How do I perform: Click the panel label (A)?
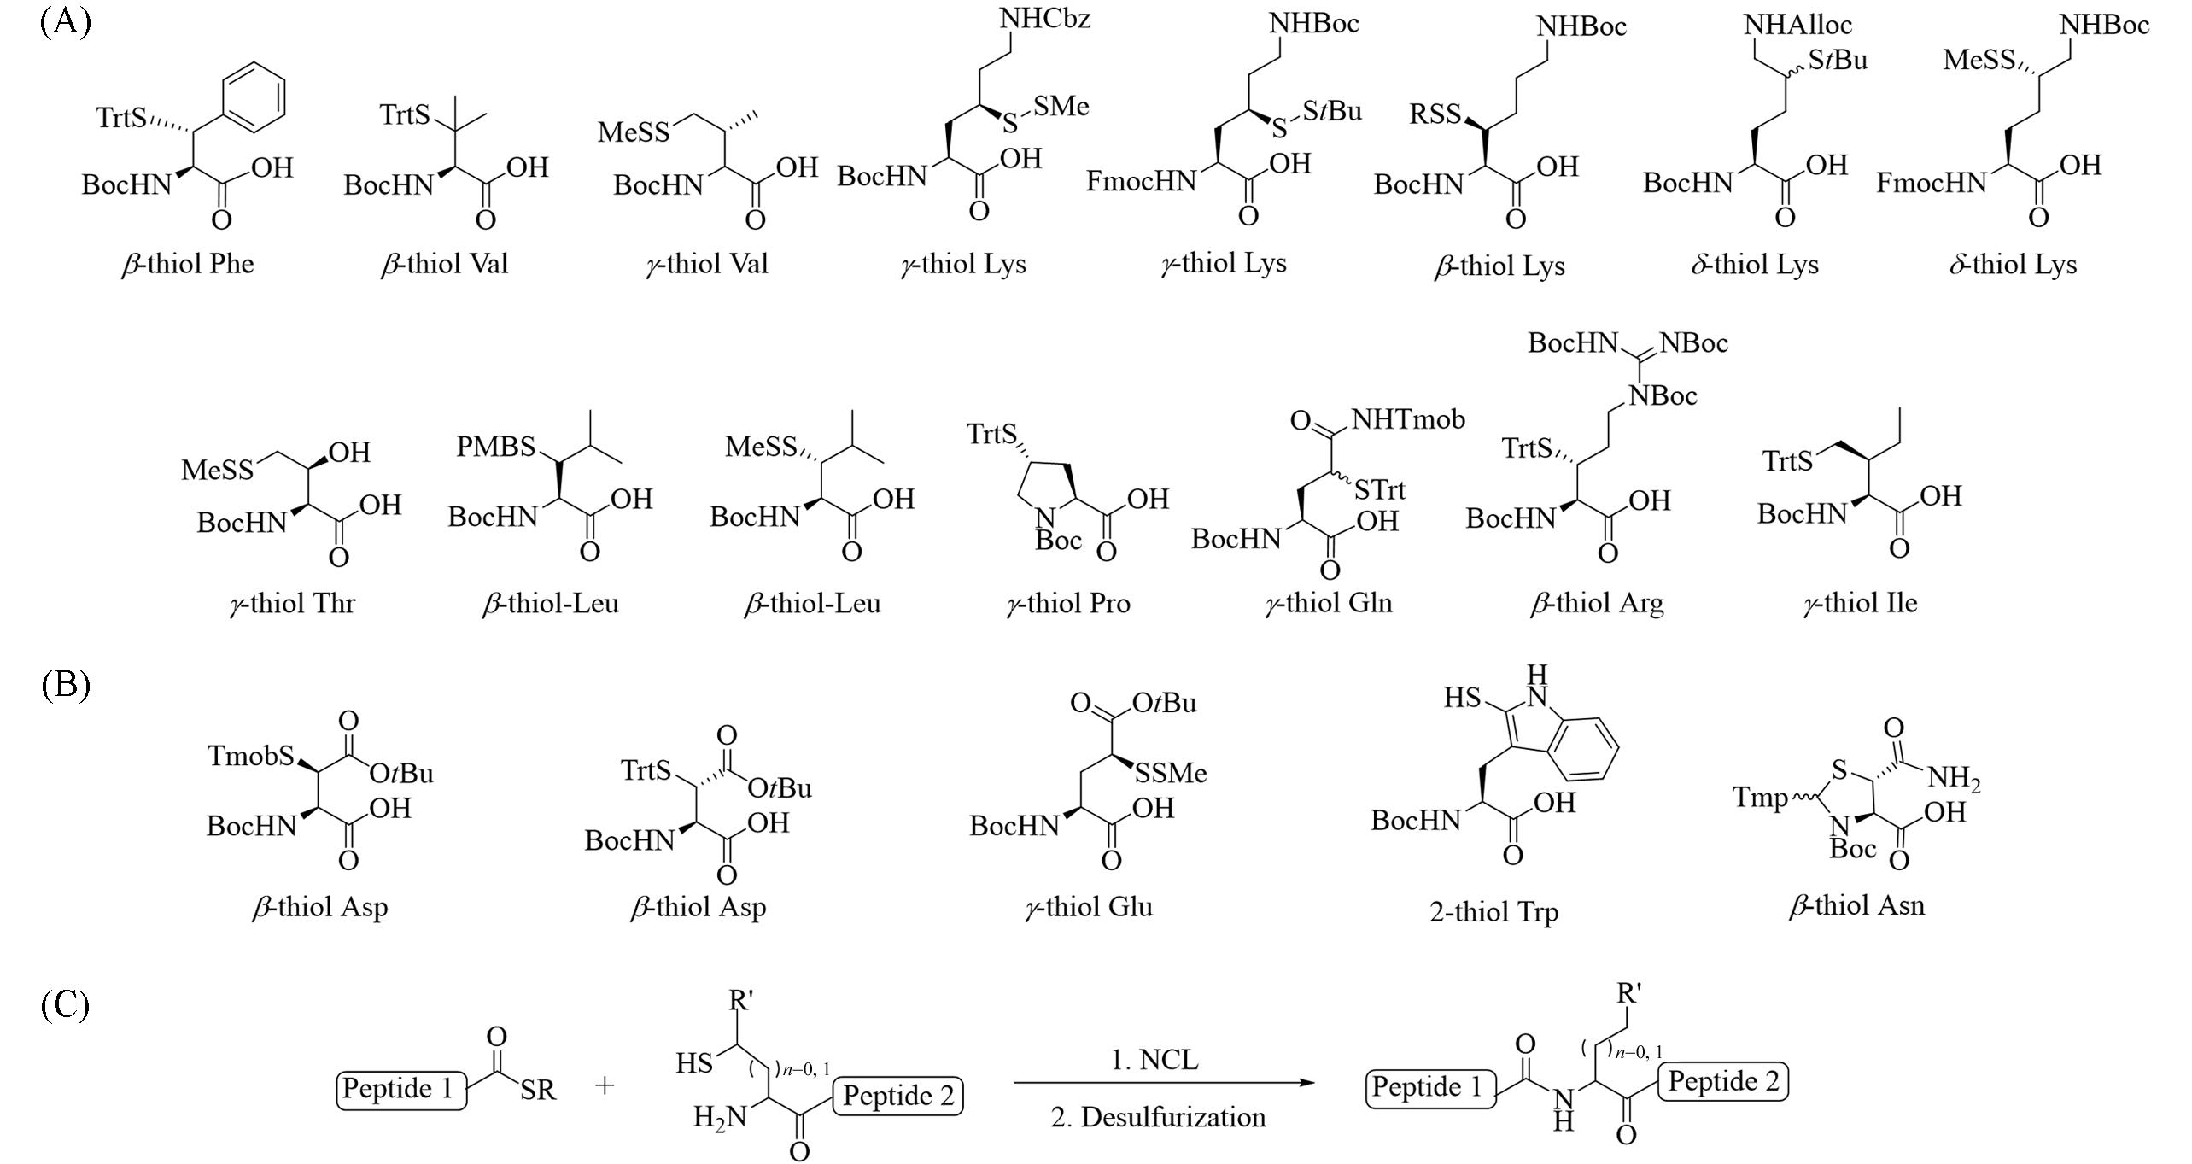click(65, 20)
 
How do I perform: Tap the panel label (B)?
click(65, 685)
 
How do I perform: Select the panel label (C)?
click(65, 1004)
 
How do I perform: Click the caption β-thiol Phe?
click(188, 264)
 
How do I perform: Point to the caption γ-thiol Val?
click(707, 264)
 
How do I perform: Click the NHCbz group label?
click(1044, 19)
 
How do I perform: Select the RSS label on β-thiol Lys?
click(1435, 114)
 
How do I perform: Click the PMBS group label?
click(495, 446)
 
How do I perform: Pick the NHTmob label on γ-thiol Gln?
click(1408, 418)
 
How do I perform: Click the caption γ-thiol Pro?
click(1068, 604)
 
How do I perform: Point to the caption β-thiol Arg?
click(1597, 604)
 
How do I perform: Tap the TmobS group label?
click(251, 755)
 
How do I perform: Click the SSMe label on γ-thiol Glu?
click(1170, 773)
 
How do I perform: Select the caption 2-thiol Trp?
click(1493, 912)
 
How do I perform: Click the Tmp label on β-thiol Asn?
click(1760, 798)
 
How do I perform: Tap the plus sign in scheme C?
click(605, 1085)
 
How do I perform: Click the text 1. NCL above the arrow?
click(1154, 1060)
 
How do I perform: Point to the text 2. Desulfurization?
click(1158, 1117)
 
